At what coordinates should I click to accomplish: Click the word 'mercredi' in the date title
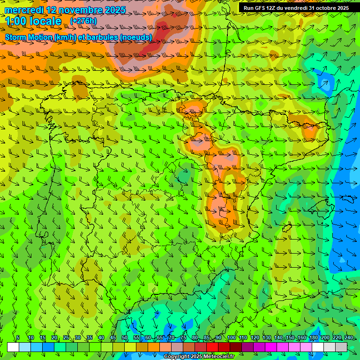24,10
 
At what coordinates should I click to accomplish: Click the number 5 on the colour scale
18,338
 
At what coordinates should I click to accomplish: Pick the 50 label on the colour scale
124,338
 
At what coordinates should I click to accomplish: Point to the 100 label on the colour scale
231,338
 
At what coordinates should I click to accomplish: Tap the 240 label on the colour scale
348,338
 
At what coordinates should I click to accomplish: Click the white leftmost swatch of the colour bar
13,347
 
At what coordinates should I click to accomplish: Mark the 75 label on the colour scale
183,338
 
